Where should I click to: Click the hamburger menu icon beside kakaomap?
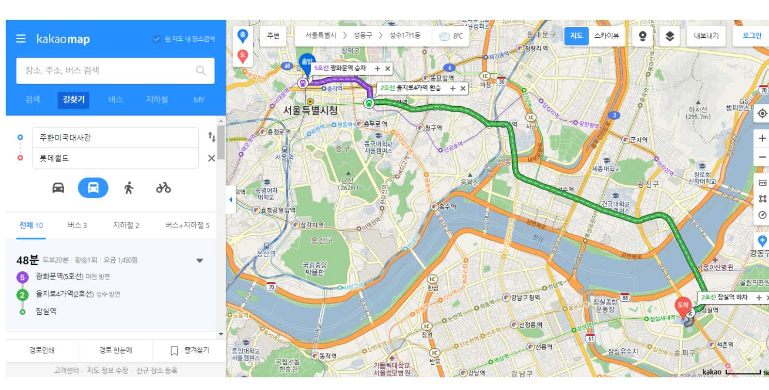pyautogui.click(x=21, y=38)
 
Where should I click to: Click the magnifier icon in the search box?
pyautogui.click(x=201, y=71)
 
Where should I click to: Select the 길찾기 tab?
pyautogui.click(x=74, y=99)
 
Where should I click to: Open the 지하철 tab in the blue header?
pyautogui.click(x=157, y=99)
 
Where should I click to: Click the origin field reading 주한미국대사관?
pyautogui.click(x=115, y=138)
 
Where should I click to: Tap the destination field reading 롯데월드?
pyautogui.click(x=115, y=158)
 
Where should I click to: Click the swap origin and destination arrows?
pyautogui.click(x=212, y=137)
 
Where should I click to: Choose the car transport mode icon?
pyautogui.click(x=58, y=188)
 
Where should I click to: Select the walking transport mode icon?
pyautogui.click(x=128, y=188)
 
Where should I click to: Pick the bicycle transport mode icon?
pyautogui.click(x=163, y=188)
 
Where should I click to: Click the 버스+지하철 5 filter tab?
pyautogui.click(x=187, y=225)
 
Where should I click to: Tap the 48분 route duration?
pyautogui.click(x=27, y=260)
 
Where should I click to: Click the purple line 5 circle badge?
pyautogui.click(x=22, y=277)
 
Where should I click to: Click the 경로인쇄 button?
pyautogui.click(x=42, y=350)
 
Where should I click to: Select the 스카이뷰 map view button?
pyautogui.click(x=606, y=36)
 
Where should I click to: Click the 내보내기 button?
pyautogui.click(x=706, y=36)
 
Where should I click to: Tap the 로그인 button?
pyautogui.click(x=752, y=36)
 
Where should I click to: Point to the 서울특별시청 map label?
pyautogui.click(x=310, y=111)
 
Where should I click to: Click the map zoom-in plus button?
pyautogui.click(x=762, y=139)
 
